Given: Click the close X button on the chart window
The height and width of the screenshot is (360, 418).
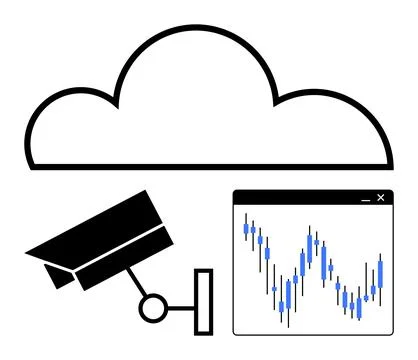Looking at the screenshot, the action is click(380, 198).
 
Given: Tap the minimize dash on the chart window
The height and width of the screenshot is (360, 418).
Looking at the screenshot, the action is click(364, 199).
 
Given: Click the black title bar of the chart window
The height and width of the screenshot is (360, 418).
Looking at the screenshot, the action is click(300, 198).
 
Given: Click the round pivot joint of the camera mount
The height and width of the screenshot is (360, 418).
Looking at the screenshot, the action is click(153, 307).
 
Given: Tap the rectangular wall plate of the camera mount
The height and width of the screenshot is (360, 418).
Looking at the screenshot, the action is click(204, 300).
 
